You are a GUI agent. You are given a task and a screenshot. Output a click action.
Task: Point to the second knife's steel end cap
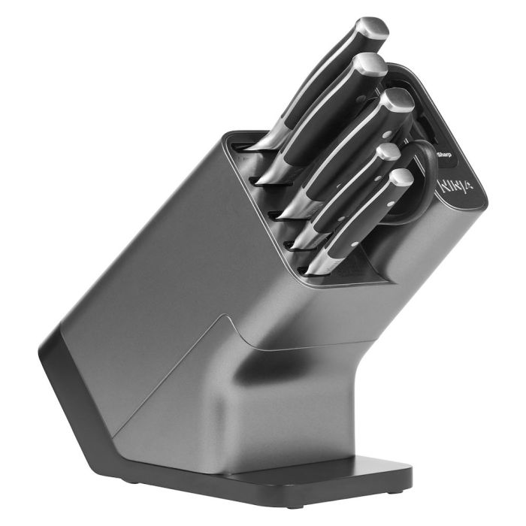370,66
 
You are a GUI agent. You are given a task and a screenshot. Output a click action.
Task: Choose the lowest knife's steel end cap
401,178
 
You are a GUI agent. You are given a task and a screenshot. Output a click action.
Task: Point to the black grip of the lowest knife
361,218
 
